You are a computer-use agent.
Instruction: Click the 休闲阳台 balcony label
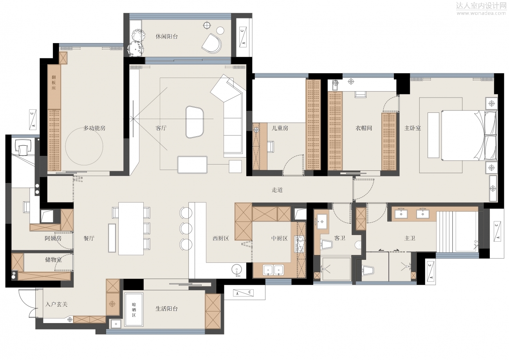coord(166,36)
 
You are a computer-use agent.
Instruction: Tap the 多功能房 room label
coord(94,128)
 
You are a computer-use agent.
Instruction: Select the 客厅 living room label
coord(161,128)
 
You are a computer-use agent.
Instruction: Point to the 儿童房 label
coord(280,128)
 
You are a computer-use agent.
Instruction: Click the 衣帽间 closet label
coord(364,128)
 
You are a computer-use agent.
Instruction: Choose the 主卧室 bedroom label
coord(412,128)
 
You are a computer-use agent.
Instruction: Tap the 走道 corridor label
coord(277,190)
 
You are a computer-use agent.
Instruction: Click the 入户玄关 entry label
coord(56,304)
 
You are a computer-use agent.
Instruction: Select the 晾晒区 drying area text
coord(134,310)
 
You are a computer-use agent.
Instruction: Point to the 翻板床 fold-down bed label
coord(54,83)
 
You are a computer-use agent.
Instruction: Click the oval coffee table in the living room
coord(195,122)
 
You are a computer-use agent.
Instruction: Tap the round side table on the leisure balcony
coord(220,30)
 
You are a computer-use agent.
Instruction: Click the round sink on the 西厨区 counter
coord(237,270)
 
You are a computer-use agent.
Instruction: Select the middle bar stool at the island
coord(186,228)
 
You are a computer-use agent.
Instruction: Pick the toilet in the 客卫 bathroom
coord(326,244)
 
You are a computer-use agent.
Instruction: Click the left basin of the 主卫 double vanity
coord(401,214)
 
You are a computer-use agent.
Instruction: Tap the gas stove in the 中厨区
coord(300,244)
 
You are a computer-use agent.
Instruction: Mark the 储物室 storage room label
coord(53,260)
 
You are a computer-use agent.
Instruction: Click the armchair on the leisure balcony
coord(211,43)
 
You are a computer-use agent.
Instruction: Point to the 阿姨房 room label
coord(53,238)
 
